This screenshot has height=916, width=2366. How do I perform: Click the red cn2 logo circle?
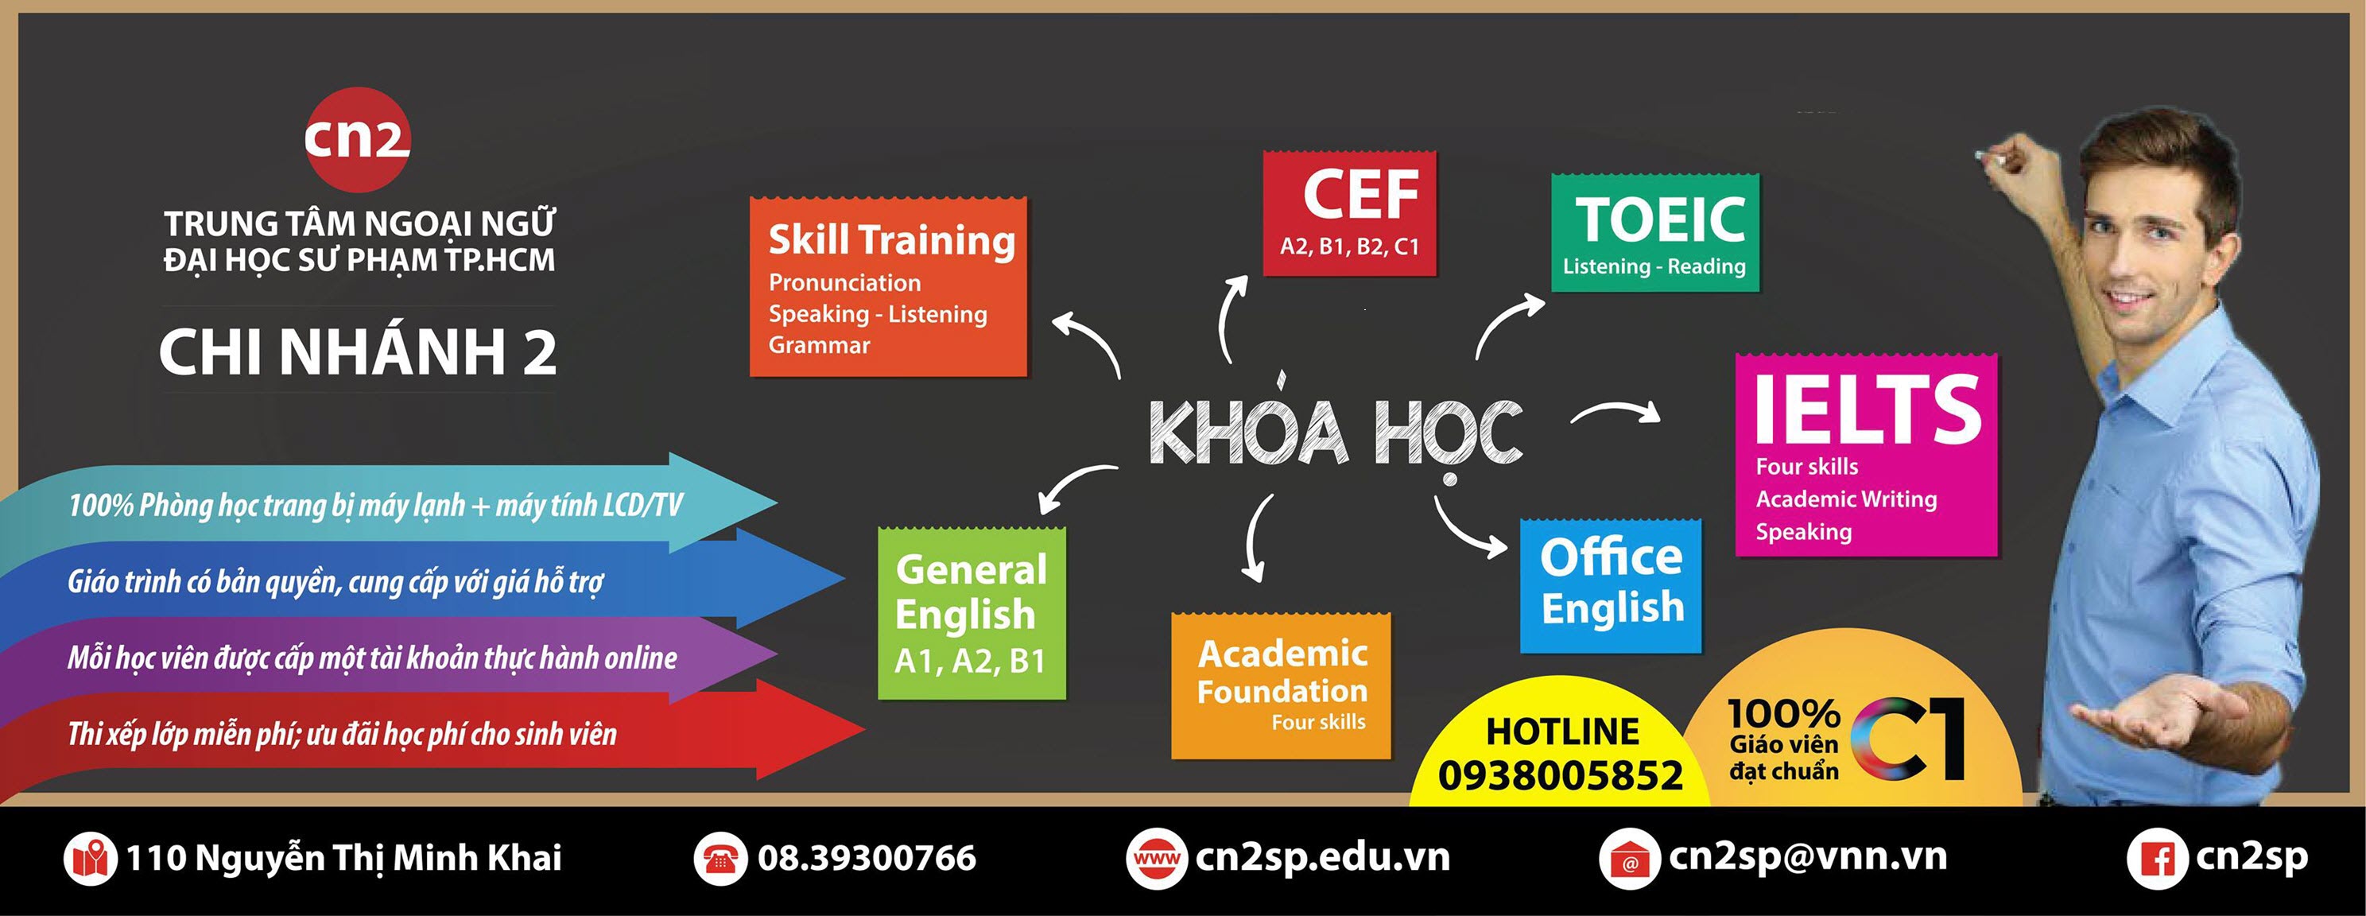(357, 140)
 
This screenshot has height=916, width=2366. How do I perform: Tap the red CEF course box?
(1349, 213)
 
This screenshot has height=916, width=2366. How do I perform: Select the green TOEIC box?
(1655, 231)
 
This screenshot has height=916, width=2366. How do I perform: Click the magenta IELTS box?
(1867, 455)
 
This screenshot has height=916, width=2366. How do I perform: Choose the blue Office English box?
(1611, 585)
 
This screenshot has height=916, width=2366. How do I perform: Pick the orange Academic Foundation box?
(1282, 685)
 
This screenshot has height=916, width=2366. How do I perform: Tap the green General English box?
(972, 613)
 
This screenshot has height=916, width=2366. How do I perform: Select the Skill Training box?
(888, 287)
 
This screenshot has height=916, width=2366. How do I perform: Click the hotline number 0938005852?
(1560, 775)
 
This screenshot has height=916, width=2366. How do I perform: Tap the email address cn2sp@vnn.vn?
(1808, 857)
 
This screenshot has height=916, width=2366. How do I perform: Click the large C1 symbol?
(1909, 739)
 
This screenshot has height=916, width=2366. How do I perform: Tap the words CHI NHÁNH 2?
(357, 352)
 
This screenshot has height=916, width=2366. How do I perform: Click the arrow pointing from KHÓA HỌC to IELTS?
(1616, 413)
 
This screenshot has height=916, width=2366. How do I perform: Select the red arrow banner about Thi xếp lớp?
(432, 733)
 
